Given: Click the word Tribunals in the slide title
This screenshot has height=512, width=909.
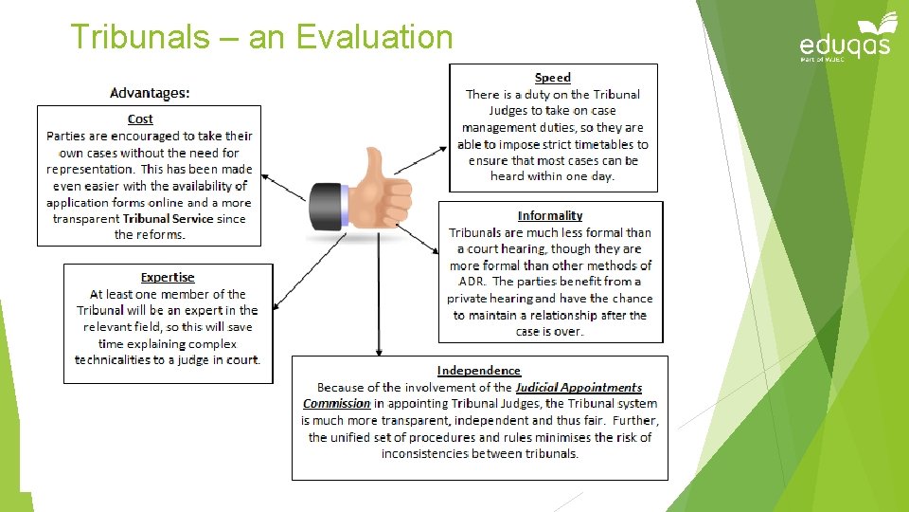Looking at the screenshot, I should (x=139, y=37).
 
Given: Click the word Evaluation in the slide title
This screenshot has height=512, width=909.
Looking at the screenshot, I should (x=374, y=37).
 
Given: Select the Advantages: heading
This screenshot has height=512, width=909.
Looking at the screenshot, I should (x=150, y=92).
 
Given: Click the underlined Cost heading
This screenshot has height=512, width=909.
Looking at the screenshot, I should (x=140, y=119).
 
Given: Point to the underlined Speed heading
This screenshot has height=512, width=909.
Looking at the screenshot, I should (x=552, y=78).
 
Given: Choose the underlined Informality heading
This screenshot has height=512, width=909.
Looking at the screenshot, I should (x=550, y=216).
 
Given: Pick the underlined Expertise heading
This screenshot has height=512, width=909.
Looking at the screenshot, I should (x=168, y=277).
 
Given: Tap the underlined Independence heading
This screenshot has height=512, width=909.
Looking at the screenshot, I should (x=479, y=371).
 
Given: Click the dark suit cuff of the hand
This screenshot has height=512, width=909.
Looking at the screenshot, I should (x=328, y=203).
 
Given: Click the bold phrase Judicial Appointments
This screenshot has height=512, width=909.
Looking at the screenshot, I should (x=579, y=388).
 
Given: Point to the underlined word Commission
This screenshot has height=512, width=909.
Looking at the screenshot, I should (x=336, y=404).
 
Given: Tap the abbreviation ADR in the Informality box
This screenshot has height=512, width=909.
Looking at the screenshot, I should (x=471, y=282).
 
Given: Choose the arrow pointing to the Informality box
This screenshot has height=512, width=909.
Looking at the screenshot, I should (x=425, y=243).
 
